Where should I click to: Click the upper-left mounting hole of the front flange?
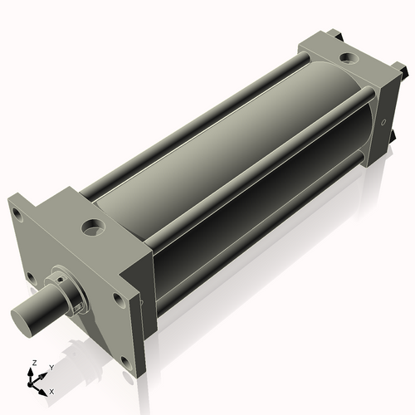[17, 212]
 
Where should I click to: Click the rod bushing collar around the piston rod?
[71, 291]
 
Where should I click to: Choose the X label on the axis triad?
[51, 390]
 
